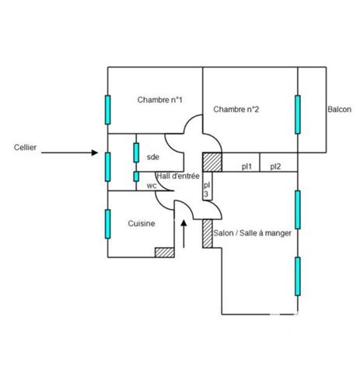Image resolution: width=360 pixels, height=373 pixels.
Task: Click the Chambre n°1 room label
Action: pos(159,99)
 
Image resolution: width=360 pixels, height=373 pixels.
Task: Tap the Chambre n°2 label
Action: pos(236,110)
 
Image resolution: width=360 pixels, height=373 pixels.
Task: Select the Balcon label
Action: pos(339,110)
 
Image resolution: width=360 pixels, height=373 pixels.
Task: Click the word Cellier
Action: pos(25,148)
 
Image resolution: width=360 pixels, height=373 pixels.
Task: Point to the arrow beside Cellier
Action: pos(69,152)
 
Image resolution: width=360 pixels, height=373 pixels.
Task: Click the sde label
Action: pos(153,157)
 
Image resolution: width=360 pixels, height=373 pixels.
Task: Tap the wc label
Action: pos(152,186)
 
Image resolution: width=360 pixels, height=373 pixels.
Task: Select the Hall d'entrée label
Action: pos(178,176)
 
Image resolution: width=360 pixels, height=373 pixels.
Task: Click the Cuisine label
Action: pos(142,223)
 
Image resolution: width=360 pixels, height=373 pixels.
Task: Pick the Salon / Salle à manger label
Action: pos(252,233)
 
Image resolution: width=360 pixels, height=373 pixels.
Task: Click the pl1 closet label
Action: pos(246,166)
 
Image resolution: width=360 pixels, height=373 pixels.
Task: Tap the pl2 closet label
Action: pos(275,166)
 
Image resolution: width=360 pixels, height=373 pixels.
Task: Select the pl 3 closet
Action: pos(207,186)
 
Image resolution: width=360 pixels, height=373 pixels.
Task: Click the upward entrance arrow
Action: pos(183,234)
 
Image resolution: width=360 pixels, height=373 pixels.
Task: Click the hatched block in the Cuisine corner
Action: pos(165,253)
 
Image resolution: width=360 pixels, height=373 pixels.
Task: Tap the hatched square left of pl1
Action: pos(212,162)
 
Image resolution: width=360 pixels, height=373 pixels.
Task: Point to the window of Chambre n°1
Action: pos(108,110)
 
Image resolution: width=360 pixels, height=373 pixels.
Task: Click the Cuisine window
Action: pos(108,224)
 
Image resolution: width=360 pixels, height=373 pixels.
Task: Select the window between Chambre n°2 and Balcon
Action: pos(298,114)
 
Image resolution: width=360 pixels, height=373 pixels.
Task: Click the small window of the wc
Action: pos(136,176)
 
